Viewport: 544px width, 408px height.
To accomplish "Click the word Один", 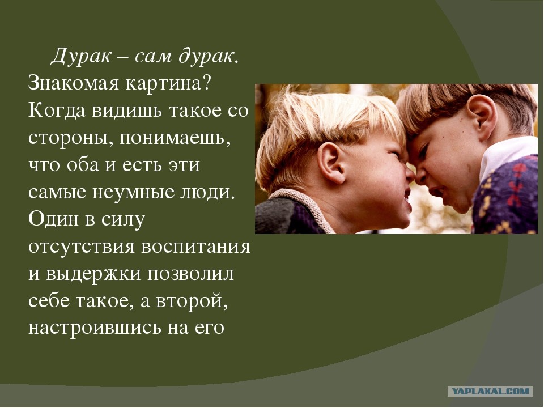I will tap(50, 219).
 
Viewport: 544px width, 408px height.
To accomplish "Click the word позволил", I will tap(190, 274).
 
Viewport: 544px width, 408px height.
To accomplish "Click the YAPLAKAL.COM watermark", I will tap(490, 391).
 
